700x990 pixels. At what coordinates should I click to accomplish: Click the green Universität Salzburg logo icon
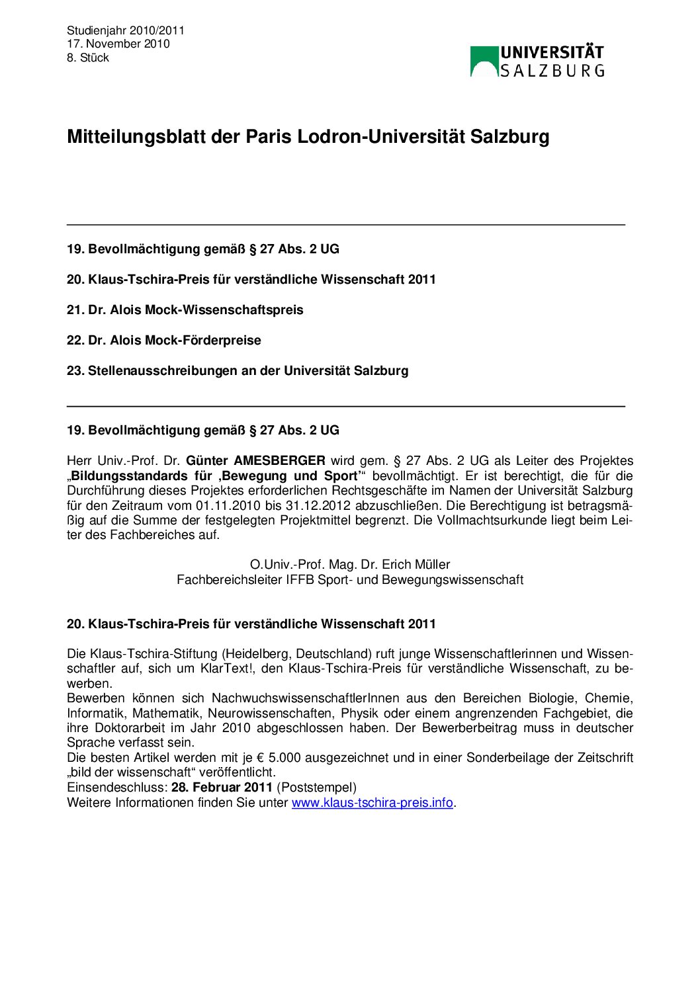pyautogui.click(x=484, y=62)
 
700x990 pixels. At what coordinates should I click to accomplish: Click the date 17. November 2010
pyautogui.click(x=118, y=44)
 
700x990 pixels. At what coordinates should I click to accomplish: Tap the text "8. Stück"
pyautogui.click(x=87, y=58)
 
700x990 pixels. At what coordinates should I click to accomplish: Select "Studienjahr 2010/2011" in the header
pyautogui.click(x=125, y=30)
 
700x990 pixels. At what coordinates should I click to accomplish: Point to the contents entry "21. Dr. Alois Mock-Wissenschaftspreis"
pyautogui.click(x=185, y=309)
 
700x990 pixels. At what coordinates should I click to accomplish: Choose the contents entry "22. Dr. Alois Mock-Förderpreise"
pyautogui.click(x=163, y=340)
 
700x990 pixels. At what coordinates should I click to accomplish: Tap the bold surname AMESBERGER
pyautogui.click(x=280, y=461)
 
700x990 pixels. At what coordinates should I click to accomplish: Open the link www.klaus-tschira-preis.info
pyautogui.click(x=372, y=802)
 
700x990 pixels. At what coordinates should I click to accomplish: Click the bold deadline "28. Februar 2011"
pyautogui.click(x=222, y=787)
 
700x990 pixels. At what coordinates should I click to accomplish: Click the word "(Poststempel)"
pyautogui.click(x=316, y=787)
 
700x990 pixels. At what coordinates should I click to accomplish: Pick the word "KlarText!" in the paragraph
pyautogui.click(x=226, y=668)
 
